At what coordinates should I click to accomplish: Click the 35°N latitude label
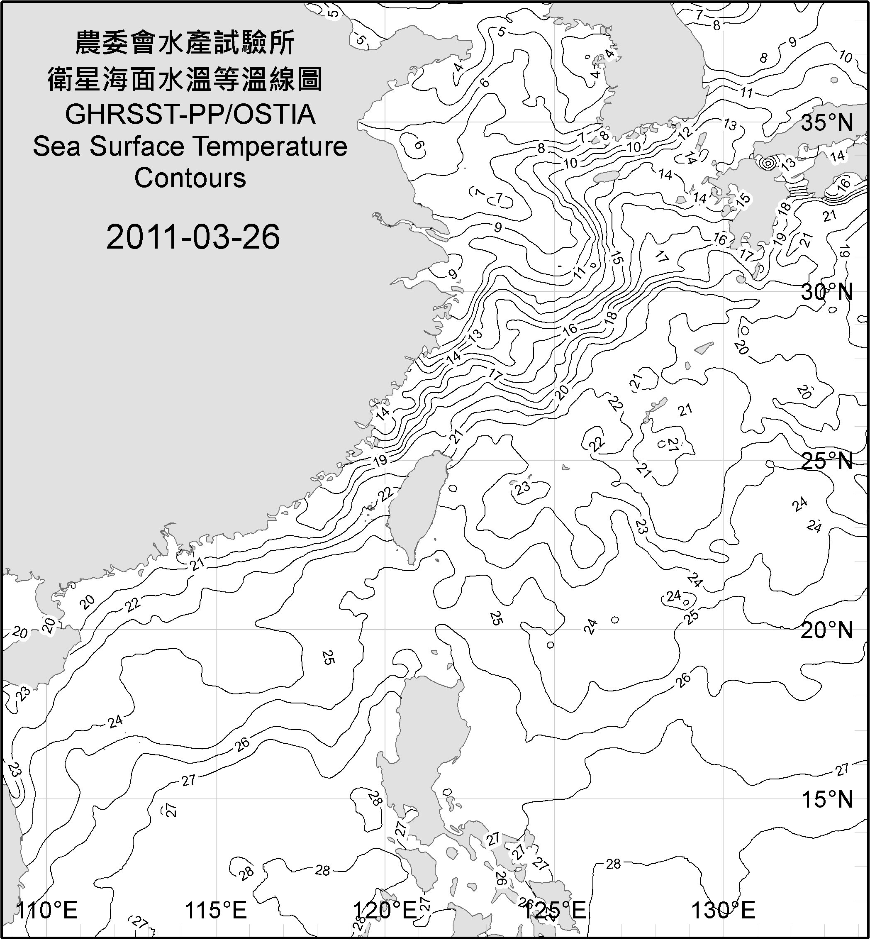coord(827,123)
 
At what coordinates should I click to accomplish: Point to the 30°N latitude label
coord(827,293)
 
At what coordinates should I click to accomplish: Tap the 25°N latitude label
coord(827,461)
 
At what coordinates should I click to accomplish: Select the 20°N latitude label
coord(827,630)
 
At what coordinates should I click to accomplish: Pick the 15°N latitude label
coord(827,799)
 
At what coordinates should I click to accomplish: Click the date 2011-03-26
coord(193,237)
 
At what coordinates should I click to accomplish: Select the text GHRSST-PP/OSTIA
coord(190,115)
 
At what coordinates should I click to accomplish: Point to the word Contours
coord(190,178)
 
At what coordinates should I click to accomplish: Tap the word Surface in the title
coord(136,146)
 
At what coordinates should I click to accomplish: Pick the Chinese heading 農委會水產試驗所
coord(185,43)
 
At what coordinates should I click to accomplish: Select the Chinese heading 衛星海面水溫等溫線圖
coord(185,79)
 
